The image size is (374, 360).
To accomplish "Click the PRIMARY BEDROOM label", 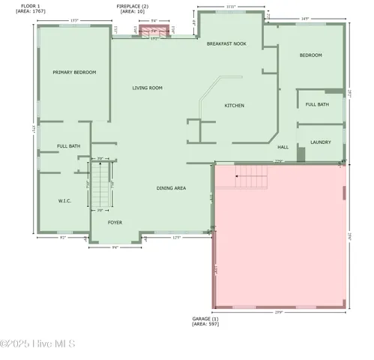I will tap(74, 72).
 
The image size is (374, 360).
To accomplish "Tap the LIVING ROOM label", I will tap(147, 88).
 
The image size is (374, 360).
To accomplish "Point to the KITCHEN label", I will tap(235, 106).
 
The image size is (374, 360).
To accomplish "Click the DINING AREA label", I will tap(171, 187).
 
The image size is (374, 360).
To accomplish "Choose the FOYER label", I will tap(115, 223).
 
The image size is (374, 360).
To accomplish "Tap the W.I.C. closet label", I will tap(64, 201).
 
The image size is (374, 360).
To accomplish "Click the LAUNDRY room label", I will tap(320, 142).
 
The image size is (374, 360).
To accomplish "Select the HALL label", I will tap(283, 147).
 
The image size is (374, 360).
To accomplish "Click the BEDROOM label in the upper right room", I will tap(310, 55).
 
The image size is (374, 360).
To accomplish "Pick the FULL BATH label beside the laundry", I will tap(318, 104).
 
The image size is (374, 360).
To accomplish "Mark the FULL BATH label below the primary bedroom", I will tap(69, 145).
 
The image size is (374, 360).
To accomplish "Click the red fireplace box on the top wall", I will tap(156, 31).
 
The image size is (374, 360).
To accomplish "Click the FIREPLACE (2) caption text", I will tap(133, 5).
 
